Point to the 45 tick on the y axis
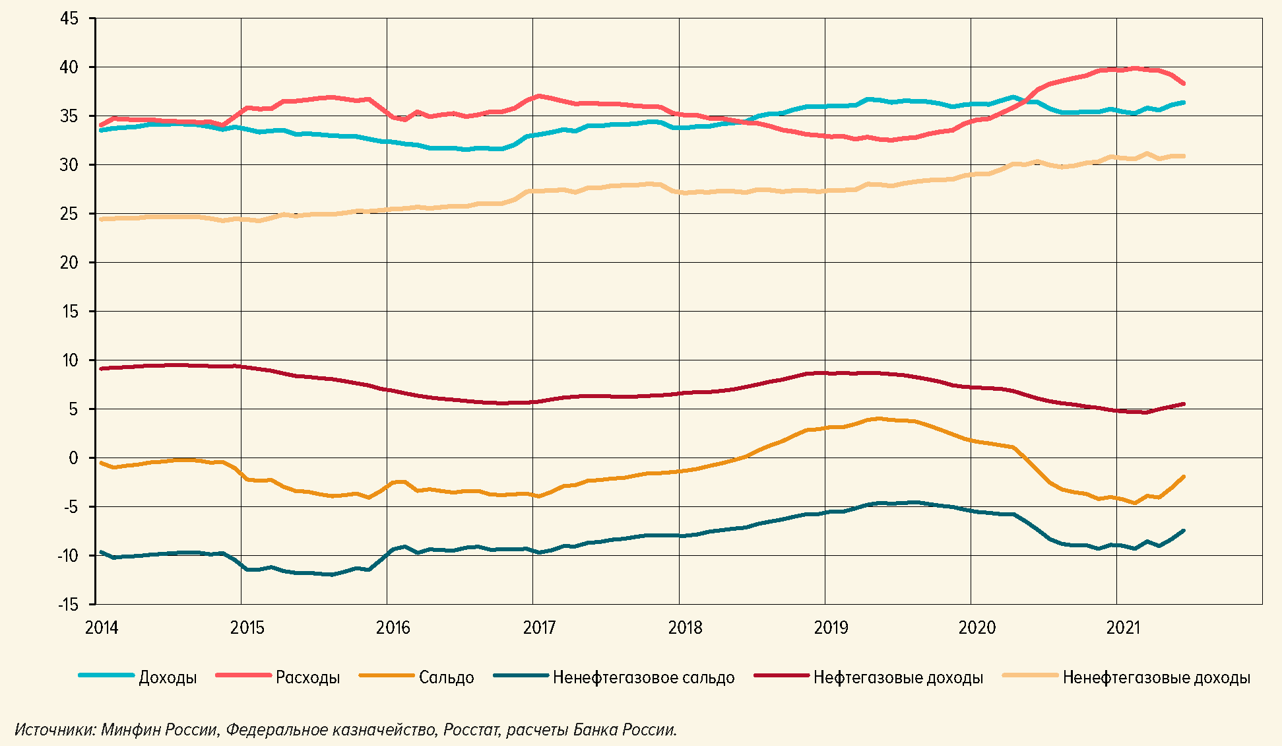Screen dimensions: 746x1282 (69, 18)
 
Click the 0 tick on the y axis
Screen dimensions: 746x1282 (73, 458)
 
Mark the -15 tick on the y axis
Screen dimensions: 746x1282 (67, 605)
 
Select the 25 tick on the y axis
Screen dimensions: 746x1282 (69, 214)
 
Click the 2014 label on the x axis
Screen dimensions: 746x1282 (102, 627)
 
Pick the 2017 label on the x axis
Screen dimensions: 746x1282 (539, 627)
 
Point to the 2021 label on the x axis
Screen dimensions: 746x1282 (1123, 627)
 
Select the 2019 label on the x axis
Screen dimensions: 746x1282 (831, 627)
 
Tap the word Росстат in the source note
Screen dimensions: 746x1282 (471, 729)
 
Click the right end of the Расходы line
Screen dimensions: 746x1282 (1184, 84)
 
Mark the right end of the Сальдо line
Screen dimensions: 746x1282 (1184, 477)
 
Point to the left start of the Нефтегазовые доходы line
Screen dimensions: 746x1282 (100, 368)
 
